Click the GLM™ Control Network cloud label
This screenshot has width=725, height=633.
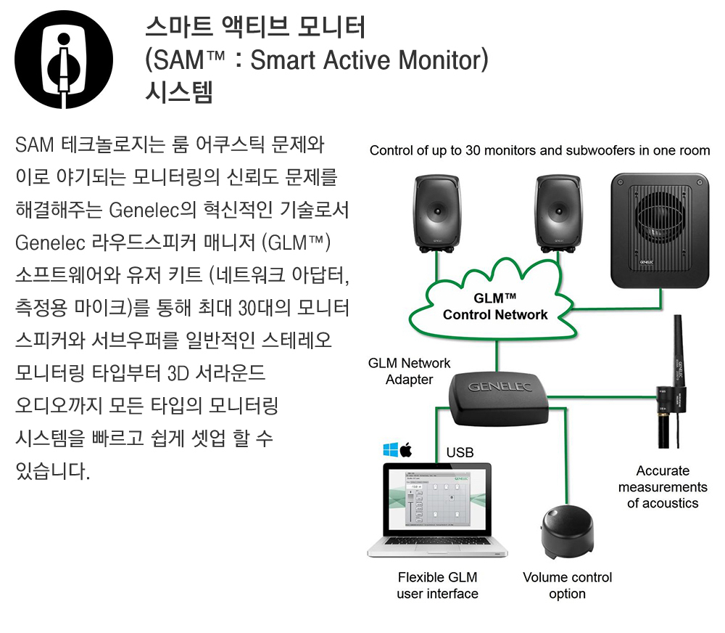point(496,306)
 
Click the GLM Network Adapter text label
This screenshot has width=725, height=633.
point(409,371)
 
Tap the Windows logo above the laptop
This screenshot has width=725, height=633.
point(389,450)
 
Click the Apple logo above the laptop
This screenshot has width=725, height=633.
point(406,449)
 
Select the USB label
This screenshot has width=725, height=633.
point(460,453)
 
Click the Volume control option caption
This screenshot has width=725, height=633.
point(567,585)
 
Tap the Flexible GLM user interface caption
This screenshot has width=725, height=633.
point(437,585)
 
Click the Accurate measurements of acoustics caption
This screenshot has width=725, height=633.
point(663,486)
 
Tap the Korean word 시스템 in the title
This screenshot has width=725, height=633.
point(179,92)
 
